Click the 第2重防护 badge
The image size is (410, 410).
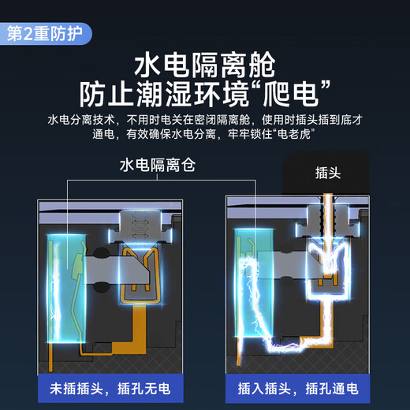(46, 34)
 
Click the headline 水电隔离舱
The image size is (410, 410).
(205, 65)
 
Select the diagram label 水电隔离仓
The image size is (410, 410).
(158, 165)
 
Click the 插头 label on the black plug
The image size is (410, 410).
(328, 173)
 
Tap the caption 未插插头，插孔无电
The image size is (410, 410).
(110, 389)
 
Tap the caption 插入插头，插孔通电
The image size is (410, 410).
(298, 389)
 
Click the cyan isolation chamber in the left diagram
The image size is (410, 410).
(67, 289)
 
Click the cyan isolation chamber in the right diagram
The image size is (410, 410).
(254, 282)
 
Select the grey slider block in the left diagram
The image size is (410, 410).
(117, 270)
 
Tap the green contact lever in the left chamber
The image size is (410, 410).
(78, 266)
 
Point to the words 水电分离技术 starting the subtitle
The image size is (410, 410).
(81, 120)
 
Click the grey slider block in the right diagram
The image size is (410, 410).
(289, 264)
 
